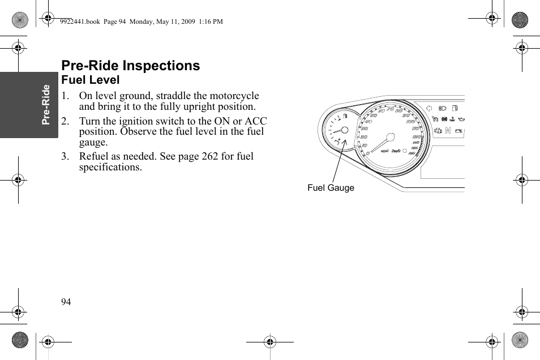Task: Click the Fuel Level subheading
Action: point(91,80)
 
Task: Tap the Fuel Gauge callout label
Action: point(331,188)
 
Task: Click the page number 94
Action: point(66,302)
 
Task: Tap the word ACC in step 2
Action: point(256,121)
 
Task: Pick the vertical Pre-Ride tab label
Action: point(46,105)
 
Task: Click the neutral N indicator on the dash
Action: point(448,131)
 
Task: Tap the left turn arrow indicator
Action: point(428,108)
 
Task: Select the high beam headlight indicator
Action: point(443,108)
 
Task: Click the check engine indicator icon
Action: point(438,131)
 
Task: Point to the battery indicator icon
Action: point(459,131)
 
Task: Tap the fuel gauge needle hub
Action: point(342,131)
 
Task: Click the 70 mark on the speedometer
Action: point(389,109)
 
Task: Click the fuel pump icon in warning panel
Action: point(455,108)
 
